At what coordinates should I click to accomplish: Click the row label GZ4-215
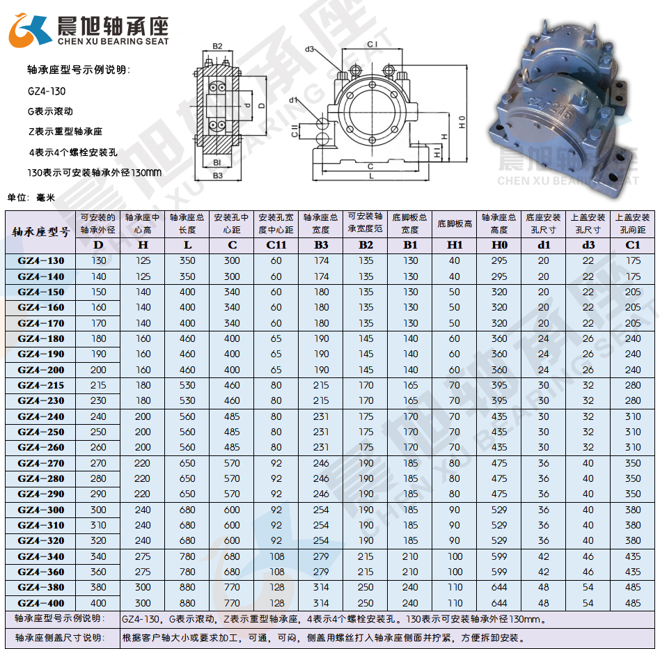point(41,385)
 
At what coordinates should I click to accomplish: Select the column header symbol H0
point(498,245)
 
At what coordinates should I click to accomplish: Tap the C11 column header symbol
point(276,245)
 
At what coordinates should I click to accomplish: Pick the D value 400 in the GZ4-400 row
point(98,603)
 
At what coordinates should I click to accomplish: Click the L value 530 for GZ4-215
point(187,385)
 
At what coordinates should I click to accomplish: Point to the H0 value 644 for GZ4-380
point(499,587)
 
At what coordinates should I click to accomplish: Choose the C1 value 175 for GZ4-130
point(633,260)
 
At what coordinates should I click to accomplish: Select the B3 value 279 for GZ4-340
point(321,556)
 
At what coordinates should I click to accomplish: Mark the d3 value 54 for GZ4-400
point(588,603)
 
